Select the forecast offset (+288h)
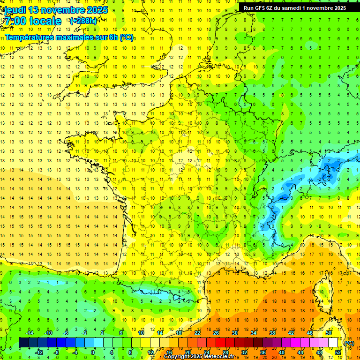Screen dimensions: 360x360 click(83, 21)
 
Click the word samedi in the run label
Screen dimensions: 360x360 click(290, 7)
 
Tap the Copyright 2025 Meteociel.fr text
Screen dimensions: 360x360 click(199, 357)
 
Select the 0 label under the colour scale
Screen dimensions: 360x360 click(93, 352)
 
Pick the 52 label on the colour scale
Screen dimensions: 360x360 click(338, 352)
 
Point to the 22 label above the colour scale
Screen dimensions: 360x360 click(197, 333)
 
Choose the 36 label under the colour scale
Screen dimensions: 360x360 click(263, 352)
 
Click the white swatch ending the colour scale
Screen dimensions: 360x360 click(333, 342)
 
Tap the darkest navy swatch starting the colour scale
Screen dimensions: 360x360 click(23, 342)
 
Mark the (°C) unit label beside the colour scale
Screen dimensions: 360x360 click(349, 343)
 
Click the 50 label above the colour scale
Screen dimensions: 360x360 click(329, 333)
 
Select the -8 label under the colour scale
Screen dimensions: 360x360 click(56, 352)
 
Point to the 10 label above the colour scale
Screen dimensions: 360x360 click(141, 333)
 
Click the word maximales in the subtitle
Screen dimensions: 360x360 click(77, 37)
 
